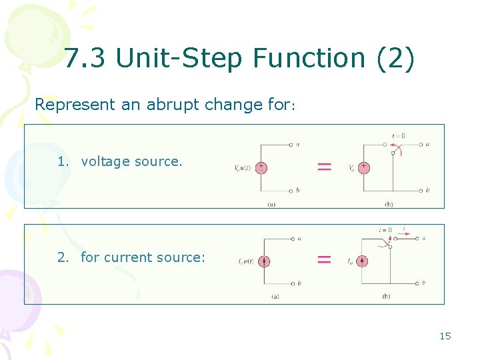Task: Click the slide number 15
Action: [445, 336]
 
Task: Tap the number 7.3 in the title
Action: [86, 59]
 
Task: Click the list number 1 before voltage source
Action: [63, 161]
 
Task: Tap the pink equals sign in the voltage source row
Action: [324, 167]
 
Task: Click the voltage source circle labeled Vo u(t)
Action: [261, 167]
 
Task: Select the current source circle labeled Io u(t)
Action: [265, 261]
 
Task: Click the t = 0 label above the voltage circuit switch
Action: [398, 135]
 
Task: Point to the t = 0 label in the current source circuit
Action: [385, 230]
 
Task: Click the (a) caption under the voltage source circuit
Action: [271, 204]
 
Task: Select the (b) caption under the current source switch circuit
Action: [386, 296]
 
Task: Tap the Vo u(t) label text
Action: [243, 167]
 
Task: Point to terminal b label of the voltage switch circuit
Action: [427, 190]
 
